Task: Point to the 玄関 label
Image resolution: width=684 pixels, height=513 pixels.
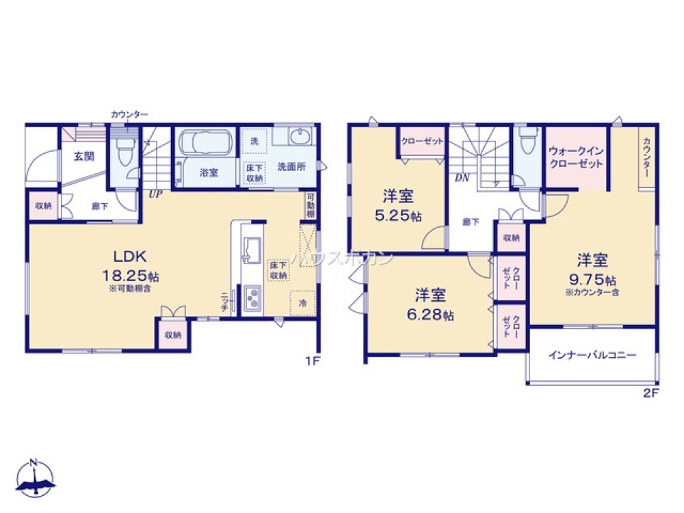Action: (x=84, y=156)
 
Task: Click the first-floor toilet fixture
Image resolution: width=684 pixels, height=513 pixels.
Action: (x=124, y=153)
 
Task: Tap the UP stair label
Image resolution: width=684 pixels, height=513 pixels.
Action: (x=155, y=194)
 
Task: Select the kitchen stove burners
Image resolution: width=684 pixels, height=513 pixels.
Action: (x=251, y=299)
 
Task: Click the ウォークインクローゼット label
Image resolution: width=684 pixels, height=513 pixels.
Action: (x=576, y=158)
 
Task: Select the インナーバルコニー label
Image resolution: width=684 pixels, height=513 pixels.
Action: (x=592, y=356)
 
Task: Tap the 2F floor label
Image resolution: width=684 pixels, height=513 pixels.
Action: (x=650, y=393)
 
